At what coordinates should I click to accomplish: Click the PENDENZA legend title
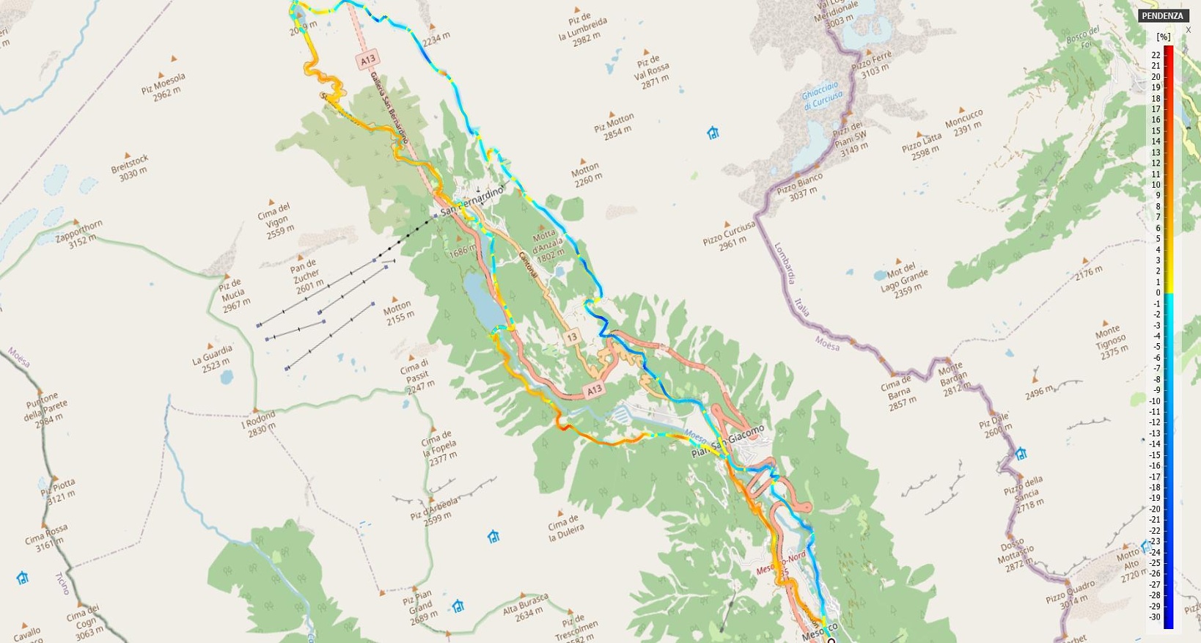pyautogui.click(x=1162, y=15)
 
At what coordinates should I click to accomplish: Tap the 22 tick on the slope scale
pyautogui.click(x=1156, y=55)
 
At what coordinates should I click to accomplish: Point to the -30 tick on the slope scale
pyautogui.click(x=1155, y=617)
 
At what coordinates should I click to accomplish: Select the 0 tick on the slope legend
pyautogui.click(x=1158, y=293)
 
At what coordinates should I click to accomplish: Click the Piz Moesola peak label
pyautogui.click(x=164, y=87)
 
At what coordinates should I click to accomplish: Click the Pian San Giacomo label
pyautogui.click(x=727, y=441)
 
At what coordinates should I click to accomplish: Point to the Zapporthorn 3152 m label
pyautogui.click(x=80, y=233)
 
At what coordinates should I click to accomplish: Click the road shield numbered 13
pyautogui.click(x=572, y=337)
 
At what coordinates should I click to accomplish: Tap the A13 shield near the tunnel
pyautogui.click(x=367, y=59)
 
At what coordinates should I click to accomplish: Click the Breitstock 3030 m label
pyautogui.click(x=130, y=165)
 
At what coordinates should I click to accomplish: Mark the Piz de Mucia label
pyautogui.click(x=233, y=293)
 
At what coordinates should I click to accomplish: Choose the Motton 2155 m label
pyautogui.click(x=399, y=312)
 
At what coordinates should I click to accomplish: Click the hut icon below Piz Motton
pyautogui.click(x=713, y=133)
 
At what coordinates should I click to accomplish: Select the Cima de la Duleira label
pyautogui.click(x=565, y=527)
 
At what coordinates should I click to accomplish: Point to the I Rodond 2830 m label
pyautogui.click(x=259, y=423)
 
